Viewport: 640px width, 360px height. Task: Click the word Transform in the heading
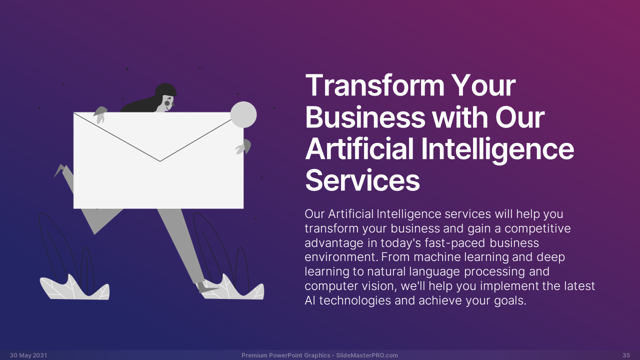click(374, 85)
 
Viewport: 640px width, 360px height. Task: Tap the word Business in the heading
click(365, 117)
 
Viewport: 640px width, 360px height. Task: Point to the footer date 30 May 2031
click(28, 355)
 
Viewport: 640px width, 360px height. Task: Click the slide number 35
click(626, 355)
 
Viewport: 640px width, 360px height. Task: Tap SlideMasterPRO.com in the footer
click(367, 355)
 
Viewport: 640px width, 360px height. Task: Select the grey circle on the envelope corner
click(243, 115)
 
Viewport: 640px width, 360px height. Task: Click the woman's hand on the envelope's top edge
click(100, 115)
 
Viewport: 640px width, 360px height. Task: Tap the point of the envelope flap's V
click(160, 161)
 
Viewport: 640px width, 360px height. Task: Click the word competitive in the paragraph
click(537, 228)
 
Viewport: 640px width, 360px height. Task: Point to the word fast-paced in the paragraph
click(455, 243)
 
